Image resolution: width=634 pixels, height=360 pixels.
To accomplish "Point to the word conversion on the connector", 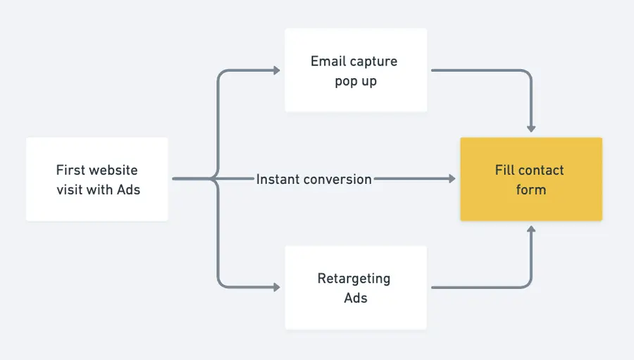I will tap(337, 180).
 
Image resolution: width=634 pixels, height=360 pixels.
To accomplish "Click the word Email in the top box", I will tap(328, 61).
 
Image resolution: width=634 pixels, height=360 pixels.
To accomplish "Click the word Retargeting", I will tap(354, 278).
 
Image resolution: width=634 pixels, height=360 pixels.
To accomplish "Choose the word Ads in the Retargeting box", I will tap(356, 297).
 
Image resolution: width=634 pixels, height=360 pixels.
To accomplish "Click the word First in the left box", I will tap(71, 170).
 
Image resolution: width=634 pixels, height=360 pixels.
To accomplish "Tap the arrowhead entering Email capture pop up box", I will tap(275, 70).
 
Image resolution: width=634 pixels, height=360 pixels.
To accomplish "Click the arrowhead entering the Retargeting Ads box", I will tap(275, 287).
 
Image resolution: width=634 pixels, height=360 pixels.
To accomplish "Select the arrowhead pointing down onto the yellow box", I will tap(531, 128).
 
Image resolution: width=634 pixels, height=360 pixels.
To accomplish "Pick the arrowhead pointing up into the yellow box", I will tap(531, 230).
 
